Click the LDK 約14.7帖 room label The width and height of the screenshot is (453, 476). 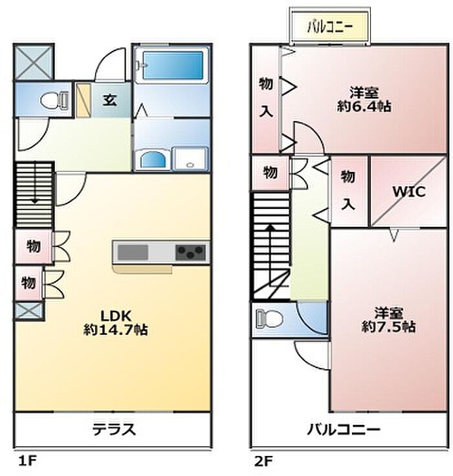[x=115, y=322]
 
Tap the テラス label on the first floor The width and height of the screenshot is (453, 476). [x=113, y=429]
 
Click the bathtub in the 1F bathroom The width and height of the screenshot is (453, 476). [x=173, y=65]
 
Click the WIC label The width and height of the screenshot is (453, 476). [x=408, y=192]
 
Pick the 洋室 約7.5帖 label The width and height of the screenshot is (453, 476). [x=388, y=319]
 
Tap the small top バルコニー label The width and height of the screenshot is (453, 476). [x=330, y=27]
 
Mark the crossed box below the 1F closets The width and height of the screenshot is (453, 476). [x=30, y=310]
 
